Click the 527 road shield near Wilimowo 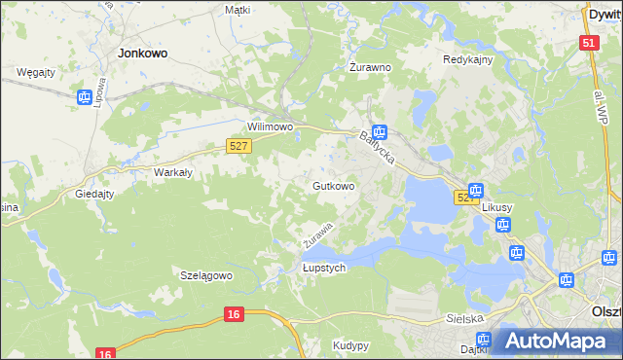coord(239,145)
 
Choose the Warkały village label coord(173,173)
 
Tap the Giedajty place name coord(94,194)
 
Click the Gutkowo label coord(333,185)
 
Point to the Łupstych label coord(324,268)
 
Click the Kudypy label coord(350,345)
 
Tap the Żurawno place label coord(370,68)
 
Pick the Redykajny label coord(468,59)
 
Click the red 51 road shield coord(588,43)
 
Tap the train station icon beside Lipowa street coord(85,95)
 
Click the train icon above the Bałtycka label coord(380,133)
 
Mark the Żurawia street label coord(317,233)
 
